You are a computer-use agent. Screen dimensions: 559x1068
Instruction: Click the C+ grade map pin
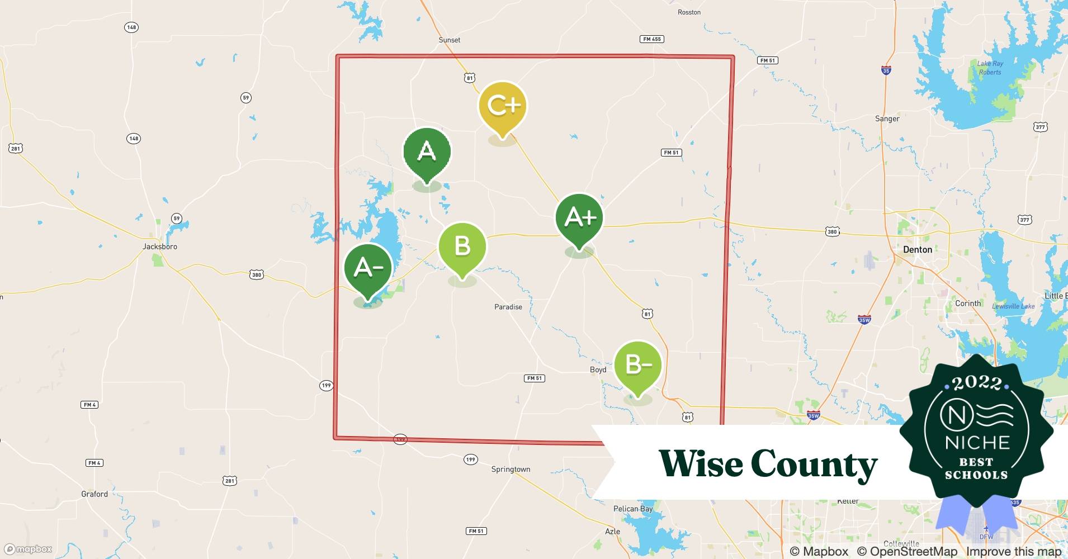502,106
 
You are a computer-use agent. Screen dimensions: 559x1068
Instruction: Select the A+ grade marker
580,217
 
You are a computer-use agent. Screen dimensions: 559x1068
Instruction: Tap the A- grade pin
368,268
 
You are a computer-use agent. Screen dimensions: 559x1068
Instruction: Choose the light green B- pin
637,365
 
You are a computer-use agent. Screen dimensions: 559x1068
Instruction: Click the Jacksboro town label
160,247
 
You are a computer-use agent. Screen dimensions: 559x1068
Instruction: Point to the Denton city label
918,250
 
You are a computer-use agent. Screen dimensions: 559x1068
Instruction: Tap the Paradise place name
508,307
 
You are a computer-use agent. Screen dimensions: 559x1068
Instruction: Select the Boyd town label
598,369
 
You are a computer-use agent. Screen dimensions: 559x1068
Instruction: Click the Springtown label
511,470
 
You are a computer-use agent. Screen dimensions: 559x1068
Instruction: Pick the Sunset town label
450,40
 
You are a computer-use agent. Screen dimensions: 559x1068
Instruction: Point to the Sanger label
887,119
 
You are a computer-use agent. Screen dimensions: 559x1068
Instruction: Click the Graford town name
94,494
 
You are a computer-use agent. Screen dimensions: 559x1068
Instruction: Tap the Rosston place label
689,12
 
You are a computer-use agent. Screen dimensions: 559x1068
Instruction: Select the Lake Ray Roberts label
990,68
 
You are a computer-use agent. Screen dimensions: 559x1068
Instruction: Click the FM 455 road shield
652,39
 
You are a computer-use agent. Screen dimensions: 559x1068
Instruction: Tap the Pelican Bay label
633,509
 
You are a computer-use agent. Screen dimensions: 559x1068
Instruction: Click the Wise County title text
768,464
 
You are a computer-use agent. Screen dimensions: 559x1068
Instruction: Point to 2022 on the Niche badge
977,383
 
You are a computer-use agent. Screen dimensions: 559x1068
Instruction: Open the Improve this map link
1014,552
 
